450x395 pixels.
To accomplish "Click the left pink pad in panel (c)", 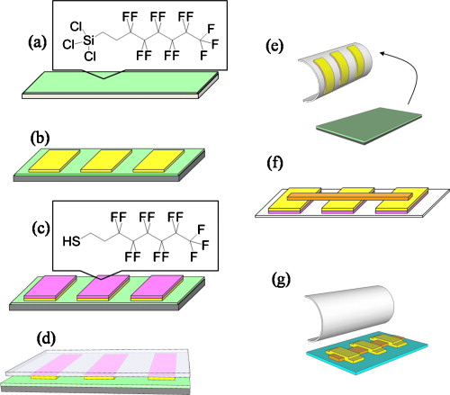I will click(x=49, y=285).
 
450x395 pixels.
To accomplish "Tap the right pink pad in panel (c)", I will click(x=158, y=285).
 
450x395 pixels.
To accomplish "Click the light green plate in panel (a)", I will click(x=135, y=88).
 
